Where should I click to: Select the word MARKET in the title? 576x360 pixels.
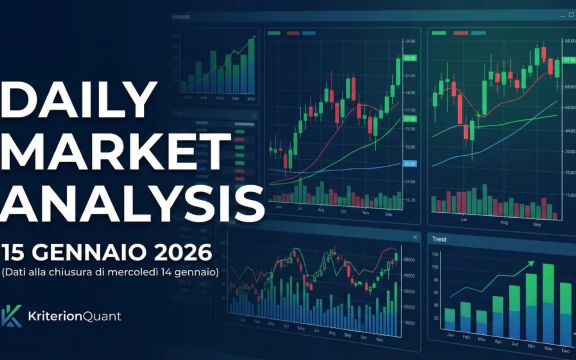[116, 153]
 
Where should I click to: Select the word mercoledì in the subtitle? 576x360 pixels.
[156, 273]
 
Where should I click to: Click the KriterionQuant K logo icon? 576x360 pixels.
[12, 316]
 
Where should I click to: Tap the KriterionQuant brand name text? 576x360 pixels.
[74, 316]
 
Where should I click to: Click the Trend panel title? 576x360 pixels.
[439, 239]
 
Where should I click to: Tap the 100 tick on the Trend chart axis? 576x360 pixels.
[435, 267]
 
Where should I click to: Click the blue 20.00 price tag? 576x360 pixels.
[410, 164]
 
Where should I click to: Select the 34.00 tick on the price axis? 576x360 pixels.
[410, 41]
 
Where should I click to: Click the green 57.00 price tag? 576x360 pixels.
[569, 61]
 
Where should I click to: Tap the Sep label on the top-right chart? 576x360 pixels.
[538, 225]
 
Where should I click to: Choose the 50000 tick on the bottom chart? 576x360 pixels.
[410, 259]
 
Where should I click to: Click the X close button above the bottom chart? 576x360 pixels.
[415, 237]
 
